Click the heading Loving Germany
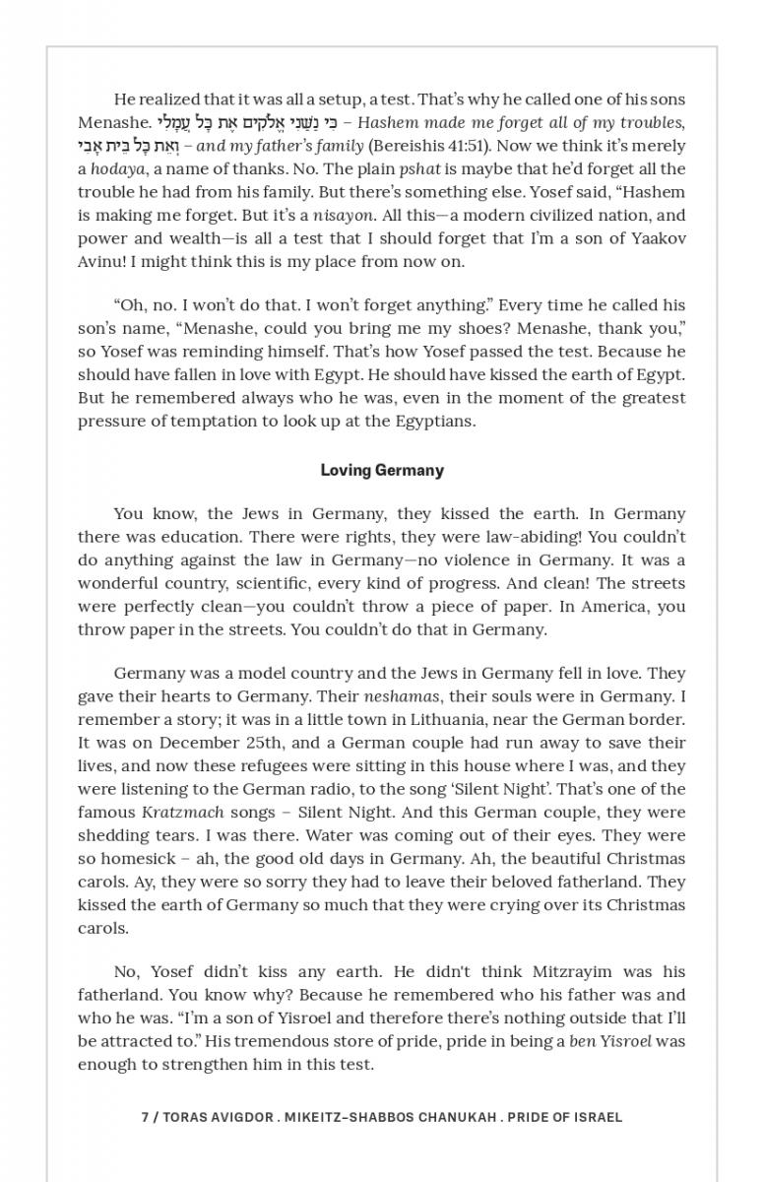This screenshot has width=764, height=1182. click(382, 471)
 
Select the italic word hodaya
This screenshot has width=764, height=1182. click(117, 169)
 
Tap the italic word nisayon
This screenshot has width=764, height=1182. click(344, 216)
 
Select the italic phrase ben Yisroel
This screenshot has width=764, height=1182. click(611, 1041)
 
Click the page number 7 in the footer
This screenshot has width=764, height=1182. click(145, 1117)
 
